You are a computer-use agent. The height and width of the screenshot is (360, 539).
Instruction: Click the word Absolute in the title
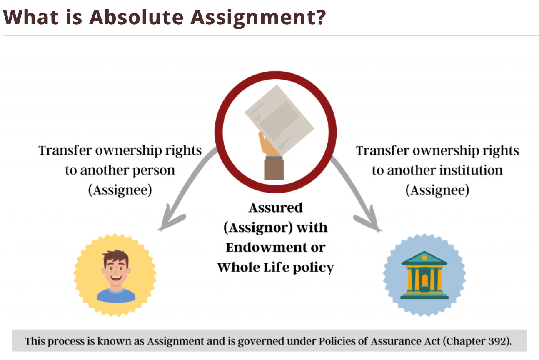[137, 17]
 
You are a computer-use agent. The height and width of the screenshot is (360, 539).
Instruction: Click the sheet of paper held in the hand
[279, 120]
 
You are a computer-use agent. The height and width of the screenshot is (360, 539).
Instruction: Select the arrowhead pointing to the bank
[368, 219]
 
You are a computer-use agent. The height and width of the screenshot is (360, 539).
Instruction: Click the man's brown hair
[116, 257]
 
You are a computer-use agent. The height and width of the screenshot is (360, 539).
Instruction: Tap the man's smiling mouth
[116, 278]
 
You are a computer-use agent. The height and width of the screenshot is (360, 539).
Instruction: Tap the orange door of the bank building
[425, 280]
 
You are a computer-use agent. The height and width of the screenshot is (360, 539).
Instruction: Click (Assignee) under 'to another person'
[120, 190]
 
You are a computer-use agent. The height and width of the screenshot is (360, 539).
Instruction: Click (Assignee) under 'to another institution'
[437, 190]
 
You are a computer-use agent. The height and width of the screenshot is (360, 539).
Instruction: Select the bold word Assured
[275, 207]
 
